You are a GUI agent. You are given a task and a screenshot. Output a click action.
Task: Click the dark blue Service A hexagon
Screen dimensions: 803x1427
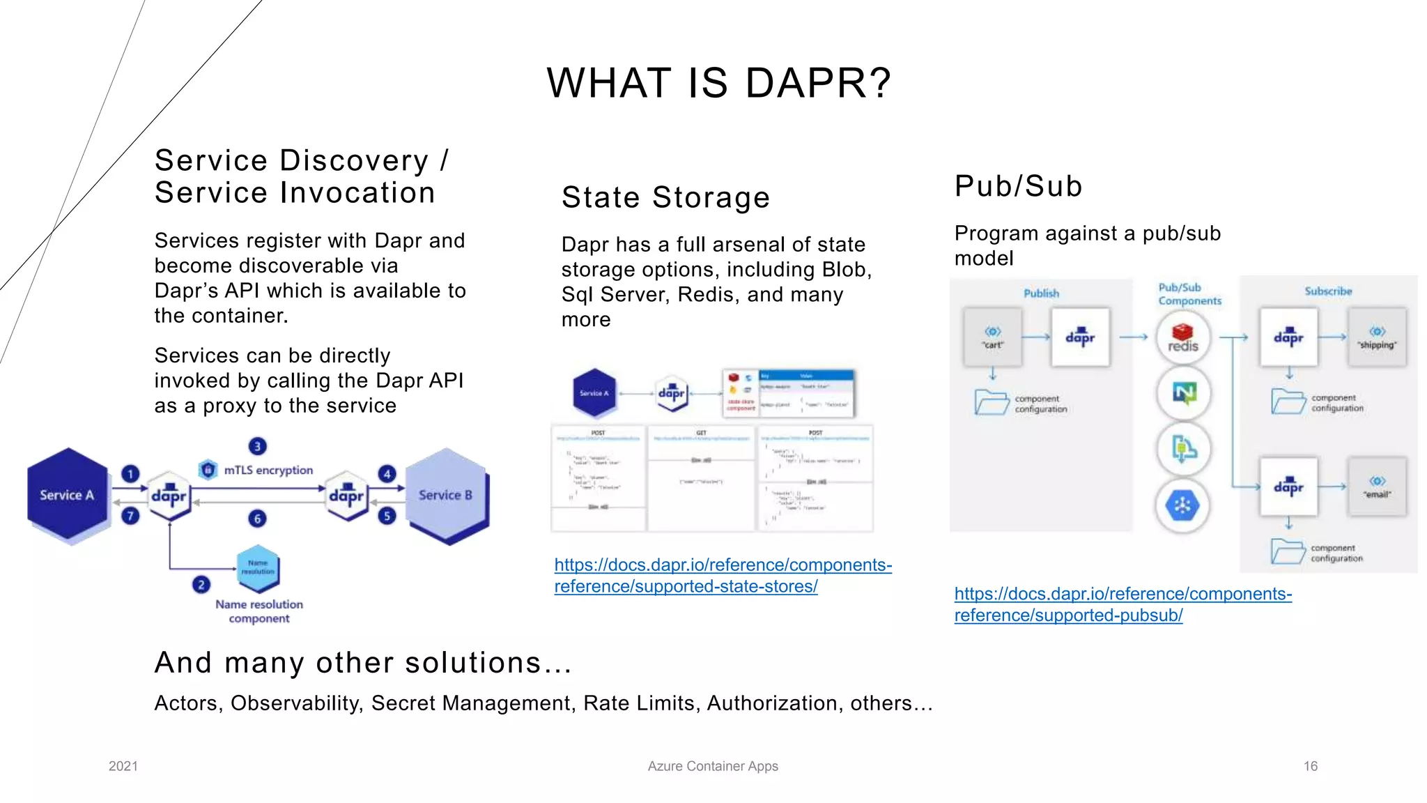[67, 495]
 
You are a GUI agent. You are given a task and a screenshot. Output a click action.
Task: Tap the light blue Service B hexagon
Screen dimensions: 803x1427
[446, 495]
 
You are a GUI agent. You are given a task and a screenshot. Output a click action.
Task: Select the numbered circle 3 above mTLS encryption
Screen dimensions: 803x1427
[257, 446]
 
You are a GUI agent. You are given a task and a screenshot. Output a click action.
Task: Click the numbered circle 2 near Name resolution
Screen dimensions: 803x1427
[201, 584]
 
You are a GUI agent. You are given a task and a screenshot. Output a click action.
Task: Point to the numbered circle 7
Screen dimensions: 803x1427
[130, 516]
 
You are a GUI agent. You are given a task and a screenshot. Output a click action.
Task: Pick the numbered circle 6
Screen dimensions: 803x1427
[257, 518]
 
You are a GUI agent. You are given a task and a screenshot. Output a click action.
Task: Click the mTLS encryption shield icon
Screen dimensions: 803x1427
[208, 470]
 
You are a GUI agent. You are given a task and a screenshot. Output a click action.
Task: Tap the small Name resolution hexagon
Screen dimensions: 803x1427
[258, 567]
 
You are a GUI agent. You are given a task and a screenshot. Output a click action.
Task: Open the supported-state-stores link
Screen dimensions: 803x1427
[723, 575]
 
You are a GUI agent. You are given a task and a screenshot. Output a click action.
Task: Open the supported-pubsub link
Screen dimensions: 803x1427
[1123, 604]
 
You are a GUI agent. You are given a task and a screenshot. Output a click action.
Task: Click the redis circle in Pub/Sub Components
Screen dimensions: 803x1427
[1182, 338]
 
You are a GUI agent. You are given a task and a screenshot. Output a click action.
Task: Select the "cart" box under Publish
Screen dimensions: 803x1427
[992, 337]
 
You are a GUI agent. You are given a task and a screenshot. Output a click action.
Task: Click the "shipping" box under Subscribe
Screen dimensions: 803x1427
[1377, 337]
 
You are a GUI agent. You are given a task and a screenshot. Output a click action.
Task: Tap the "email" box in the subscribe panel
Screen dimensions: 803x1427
[1377, 487]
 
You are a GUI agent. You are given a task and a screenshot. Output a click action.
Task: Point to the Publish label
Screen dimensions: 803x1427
[1041, 293]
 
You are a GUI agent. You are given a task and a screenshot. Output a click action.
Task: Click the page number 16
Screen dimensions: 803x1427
[1310, 766]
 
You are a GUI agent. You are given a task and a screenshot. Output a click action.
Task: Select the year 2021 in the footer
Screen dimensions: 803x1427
[123, 766]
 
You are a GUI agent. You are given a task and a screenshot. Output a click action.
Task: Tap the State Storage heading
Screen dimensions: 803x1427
[665, 197]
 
